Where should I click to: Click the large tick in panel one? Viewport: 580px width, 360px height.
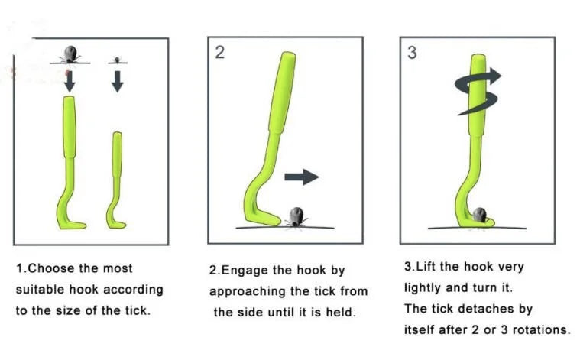(70, 54)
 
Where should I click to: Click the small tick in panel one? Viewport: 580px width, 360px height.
(117, 60)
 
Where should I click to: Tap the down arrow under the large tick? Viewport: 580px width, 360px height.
(70, 81)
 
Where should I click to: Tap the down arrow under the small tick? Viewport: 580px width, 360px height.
(117, 81)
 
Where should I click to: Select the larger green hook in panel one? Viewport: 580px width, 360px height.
(70, 163)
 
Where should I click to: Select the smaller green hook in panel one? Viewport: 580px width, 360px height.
(116, 180)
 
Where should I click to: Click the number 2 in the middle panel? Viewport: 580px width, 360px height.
(220, 52)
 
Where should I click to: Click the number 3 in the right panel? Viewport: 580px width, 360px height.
(412, 53)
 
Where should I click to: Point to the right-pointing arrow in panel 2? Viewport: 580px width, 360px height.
(302, 177)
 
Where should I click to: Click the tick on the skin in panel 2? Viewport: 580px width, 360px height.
(296, 218)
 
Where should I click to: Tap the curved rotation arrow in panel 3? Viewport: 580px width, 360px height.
(477, 91)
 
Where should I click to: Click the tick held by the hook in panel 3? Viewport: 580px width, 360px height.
(480, 216)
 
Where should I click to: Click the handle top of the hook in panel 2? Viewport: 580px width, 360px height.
(289, 56)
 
